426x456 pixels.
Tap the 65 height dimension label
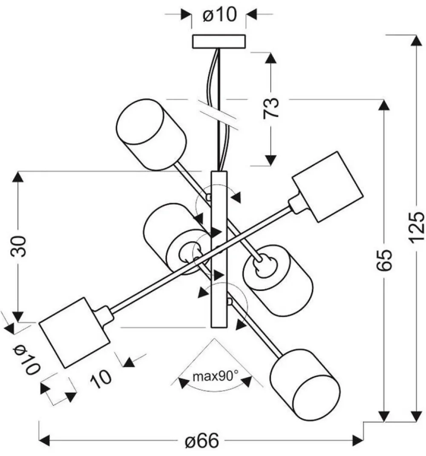(x=384, y=260)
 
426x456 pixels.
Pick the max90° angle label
(x=215, y=376)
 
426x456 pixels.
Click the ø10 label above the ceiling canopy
(x=219, y=15)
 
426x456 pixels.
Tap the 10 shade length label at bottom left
(x=101, y=378)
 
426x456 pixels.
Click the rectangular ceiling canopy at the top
(x=219, y=41)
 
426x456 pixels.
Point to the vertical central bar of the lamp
(x=220, y=249)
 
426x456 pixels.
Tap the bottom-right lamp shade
(x=305, y=385)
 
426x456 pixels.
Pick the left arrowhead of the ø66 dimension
(x=45, y=439)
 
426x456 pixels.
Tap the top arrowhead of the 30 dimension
(x=18, y=177)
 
